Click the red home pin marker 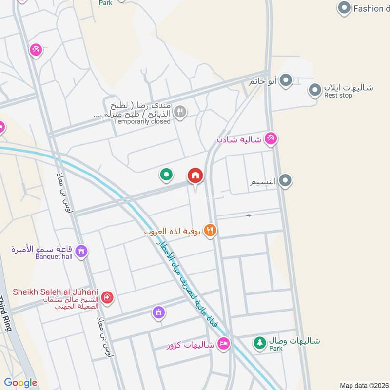point(195,175)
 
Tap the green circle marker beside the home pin point(167,174)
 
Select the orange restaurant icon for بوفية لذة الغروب point(210,231)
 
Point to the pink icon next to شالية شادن point(271,139)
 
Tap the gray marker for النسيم point(285,181)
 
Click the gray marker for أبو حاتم point(286,80)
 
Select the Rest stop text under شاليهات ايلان point(338,96)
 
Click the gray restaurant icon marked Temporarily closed point(180,112)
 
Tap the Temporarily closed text point(142,121)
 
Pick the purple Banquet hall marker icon point(81,251)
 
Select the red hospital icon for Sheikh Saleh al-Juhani point(107,297)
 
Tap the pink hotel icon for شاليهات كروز point(224,344)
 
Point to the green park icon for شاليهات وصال point(259,343)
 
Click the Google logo point(20,383)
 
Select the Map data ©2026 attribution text point(363,385)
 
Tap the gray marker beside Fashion point(345,8)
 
